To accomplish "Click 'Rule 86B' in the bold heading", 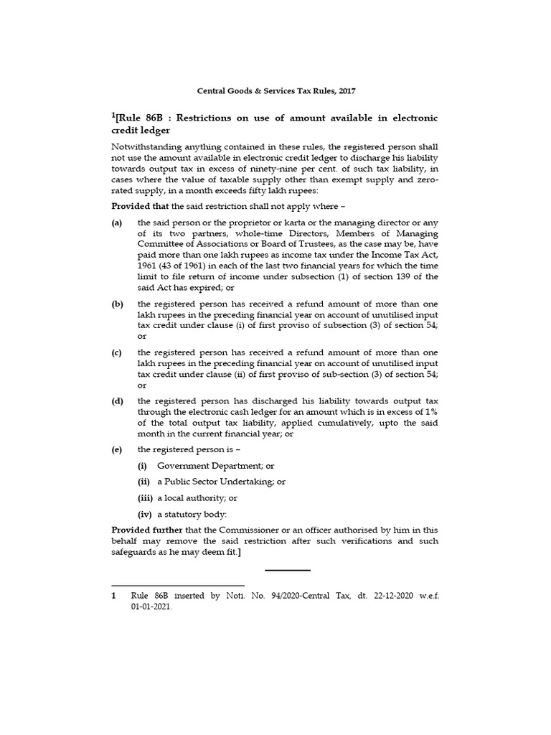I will click(x=141, y=118).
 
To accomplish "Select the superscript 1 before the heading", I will click(x=114, y=115).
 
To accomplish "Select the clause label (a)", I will click(x=117, y=223).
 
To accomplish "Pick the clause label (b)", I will click(x=117, y=304).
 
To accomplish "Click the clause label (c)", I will click(x=117, y=352).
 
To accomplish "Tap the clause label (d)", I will click(x=117, y=401).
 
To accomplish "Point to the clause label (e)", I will click(x=117, y=449).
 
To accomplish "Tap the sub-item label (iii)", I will click(x=146, y=497).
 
